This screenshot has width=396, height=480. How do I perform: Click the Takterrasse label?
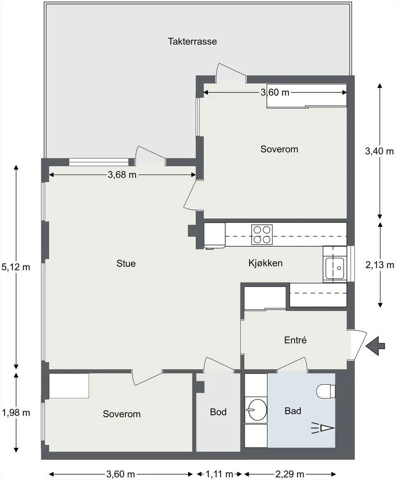click(x=192, y=41)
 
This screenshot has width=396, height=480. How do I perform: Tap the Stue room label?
click(x=126, y=264)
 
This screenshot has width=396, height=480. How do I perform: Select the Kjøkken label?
click(x=266, y=263)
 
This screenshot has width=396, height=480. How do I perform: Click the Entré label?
click(x=295, y=340)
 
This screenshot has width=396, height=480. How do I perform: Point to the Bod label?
click(x=218, y=412)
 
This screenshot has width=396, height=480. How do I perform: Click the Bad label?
click(x=293, y=411)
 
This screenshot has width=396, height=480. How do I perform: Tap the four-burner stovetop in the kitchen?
click(x=262, y=235)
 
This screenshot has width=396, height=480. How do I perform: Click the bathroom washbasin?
click(x=257, y=410)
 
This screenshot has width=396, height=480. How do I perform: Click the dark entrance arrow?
click(x=375, y=346)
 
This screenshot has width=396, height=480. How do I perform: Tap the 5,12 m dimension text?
click(x=16, y=267)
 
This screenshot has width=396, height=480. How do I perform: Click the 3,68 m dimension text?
click(x=122, y=174)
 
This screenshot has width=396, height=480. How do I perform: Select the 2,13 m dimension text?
click(x=380, y=265)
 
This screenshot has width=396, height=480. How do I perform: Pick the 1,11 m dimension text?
click(x=219, y=474)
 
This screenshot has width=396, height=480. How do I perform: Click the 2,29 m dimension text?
click(x=290, y=474)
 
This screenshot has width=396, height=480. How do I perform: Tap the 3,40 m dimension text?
click(x=379, y=151)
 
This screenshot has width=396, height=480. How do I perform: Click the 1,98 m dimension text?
click(x=16, y=413)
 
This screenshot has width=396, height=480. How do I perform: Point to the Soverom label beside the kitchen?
click(x=279, y=149)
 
